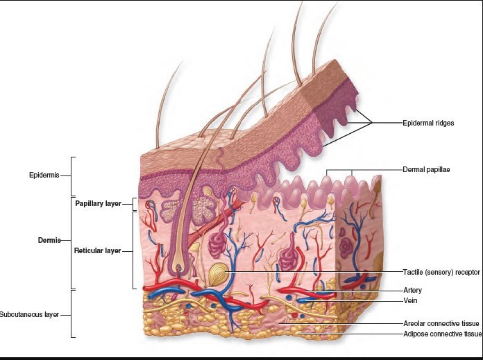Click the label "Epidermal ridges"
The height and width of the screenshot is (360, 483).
point(428,123)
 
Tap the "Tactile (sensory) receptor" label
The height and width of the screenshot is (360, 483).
point(441,271)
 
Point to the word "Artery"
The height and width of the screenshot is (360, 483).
point(412,290)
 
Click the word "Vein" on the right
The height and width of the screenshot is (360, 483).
point(410,301)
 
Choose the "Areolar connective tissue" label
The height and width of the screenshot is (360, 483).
point(441,323)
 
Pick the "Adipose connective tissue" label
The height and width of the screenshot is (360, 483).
point(442,334)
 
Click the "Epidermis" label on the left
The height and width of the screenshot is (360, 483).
point(43,175)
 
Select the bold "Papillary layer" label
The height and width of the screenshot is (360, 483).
point(98,204)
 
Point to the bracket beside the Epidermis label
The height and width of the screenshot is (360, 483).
point(73,175)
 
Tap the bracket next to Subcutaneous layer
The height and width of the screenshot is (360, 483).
point(73,314)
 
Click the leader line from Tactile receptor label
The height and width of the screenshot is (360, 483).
point(312,271)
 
